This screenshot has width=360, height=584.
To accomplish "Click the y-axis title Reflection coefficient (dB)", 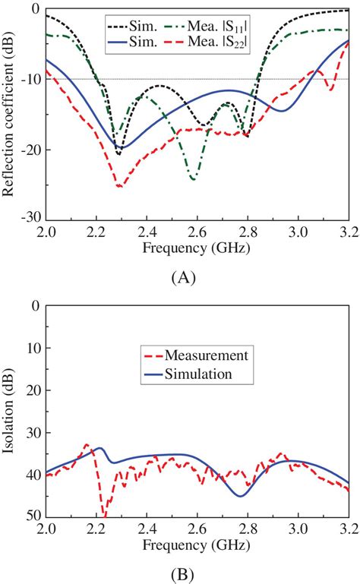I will [x=11, y=112].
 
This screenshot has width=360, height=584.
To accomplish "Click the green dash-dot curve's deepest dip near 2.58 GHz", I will [x=193, y=179].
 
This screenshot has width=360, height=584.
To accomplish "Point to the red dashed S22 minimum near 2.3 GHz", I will [x=119, y=186].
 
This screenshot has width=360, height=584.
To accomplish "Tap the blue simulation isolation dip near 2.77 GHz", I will [x=241, y=496].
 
